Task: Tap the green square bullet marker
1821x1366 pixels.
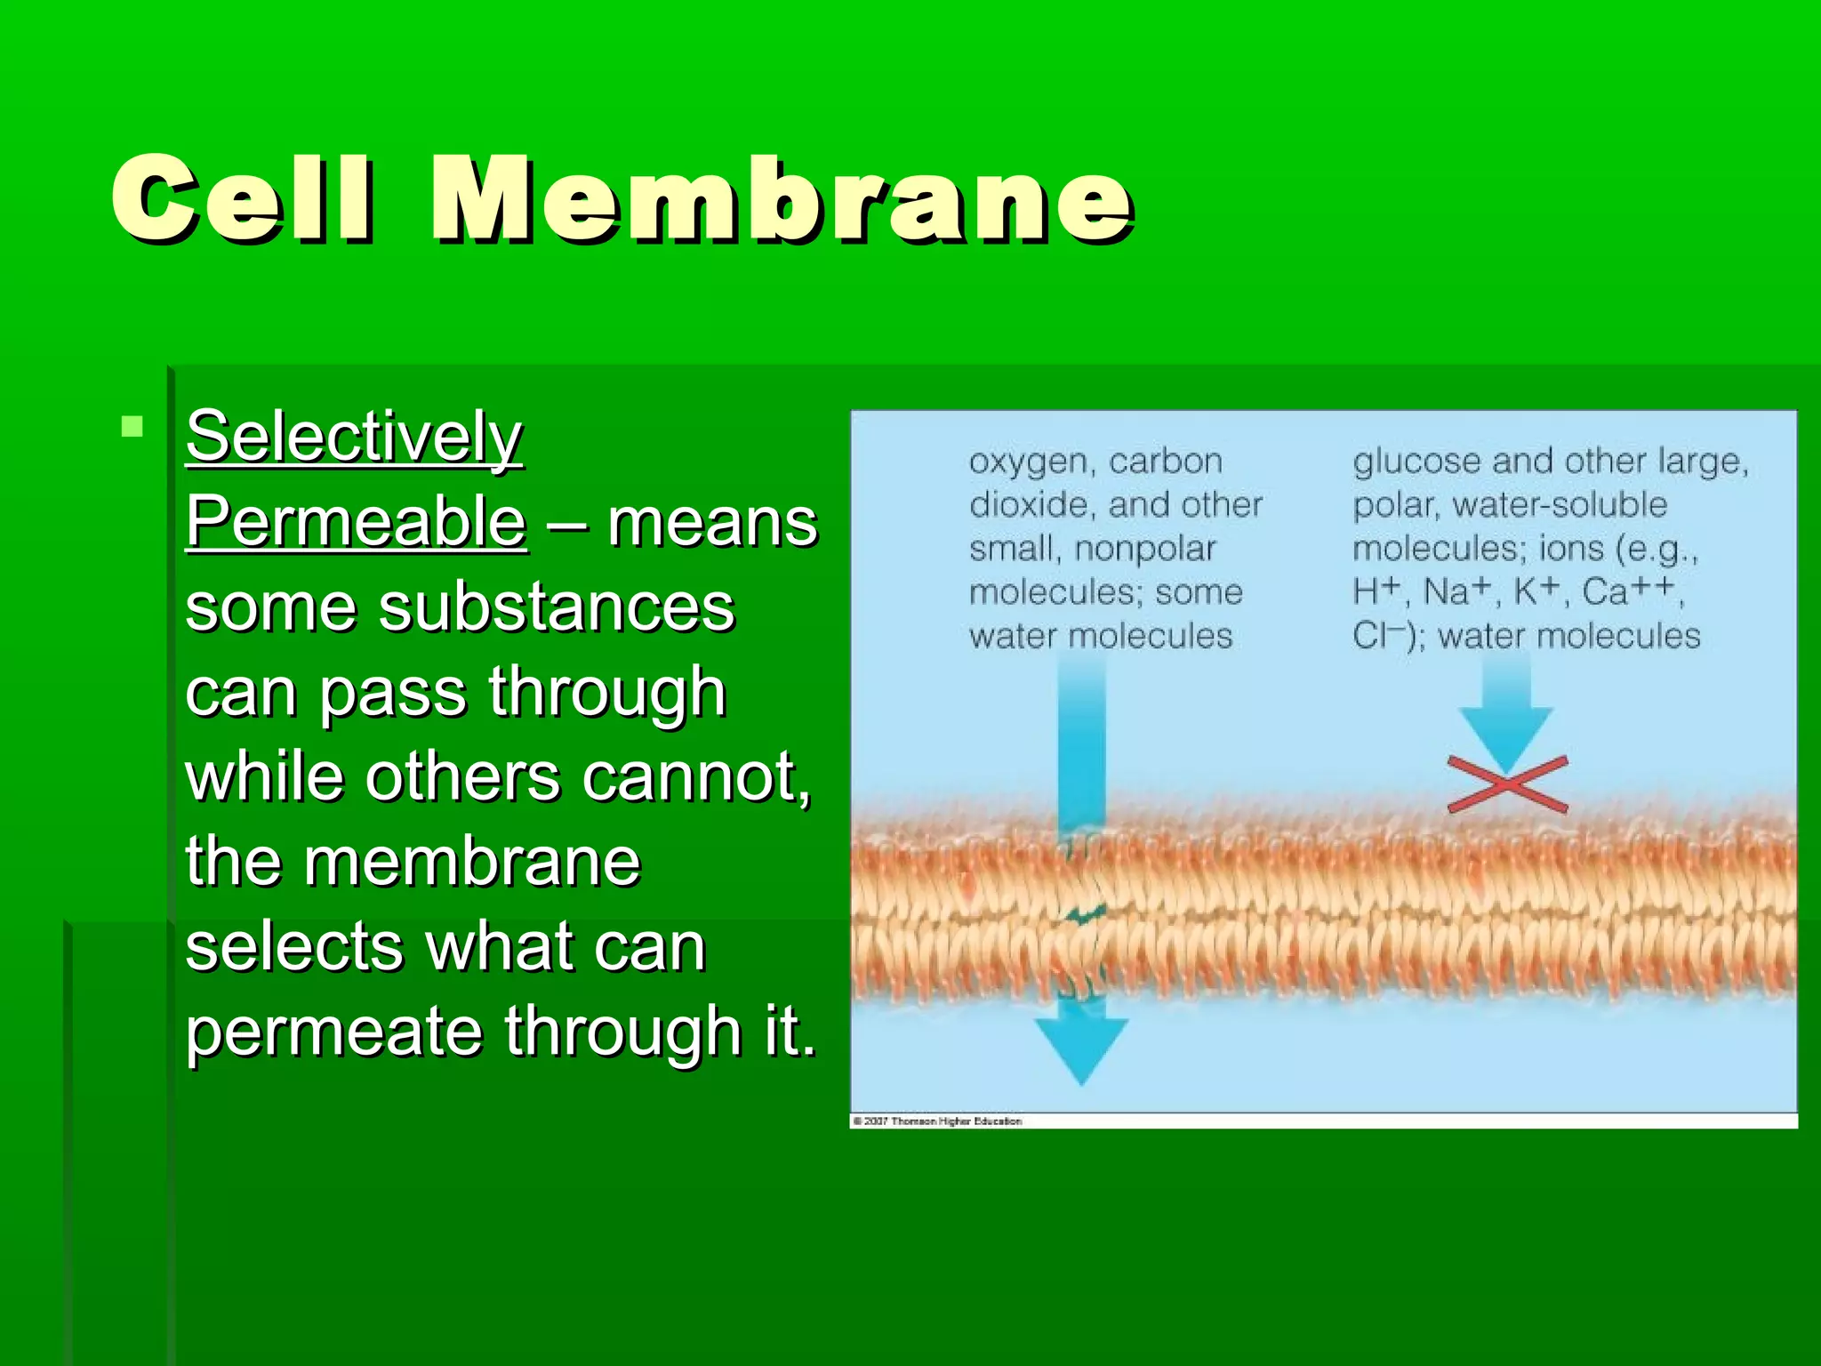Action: click(x=132, y=427)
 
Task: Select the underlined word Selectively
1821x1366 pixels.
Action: click(x=354, y=438)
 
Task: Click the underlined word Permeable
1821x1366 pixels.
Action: click(x=356, y=522)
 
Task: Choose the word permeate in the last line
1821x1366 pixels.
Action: click(x=333, y=1032)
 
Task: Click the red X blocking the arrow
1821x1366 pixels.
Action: click(x=1507, y=784)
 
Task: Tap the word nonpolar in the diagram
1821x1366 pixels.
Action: click(x=1144, y=549)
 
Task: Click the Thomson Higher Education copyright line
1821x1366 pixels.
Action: click(x=938, y=1121)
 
